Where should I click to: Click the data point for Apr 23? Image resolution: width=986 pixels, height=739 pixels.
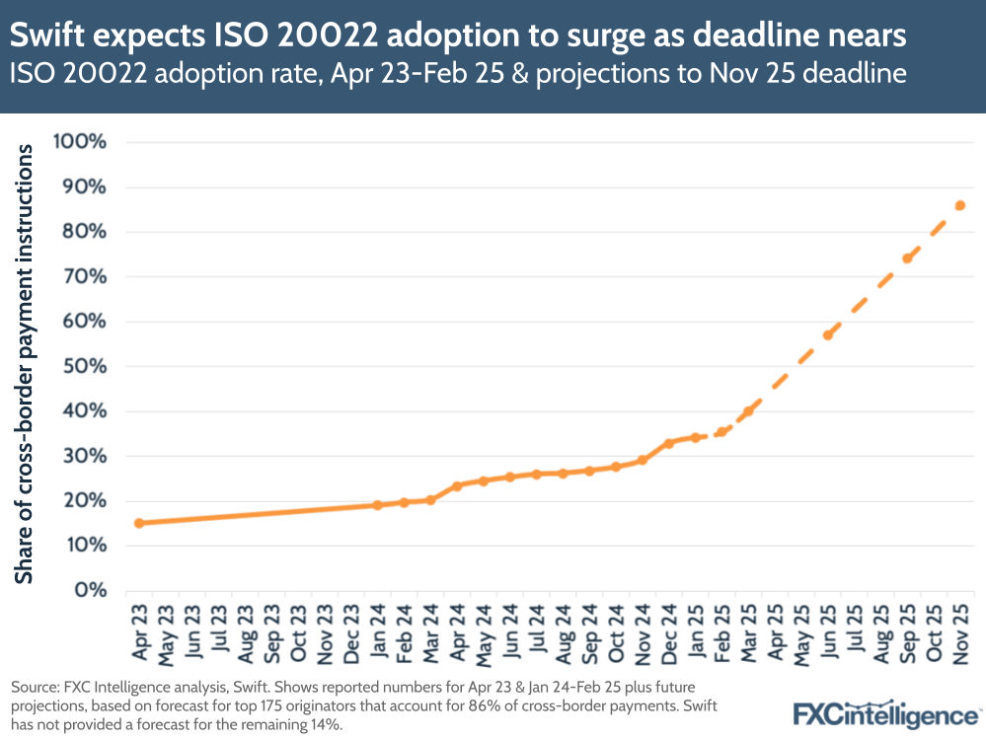point(138,523)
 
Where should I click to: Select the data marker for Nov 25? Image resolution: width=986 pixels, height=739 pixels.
point(959,205)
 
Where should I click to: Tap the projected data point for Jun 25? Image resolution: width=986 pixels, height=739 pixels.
point(827,335)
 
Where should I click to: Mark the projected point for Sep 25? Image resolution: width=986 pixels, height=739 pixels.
point(907,259)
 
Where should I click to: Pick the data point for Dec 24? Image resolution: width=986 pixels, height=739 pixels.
point(668,443)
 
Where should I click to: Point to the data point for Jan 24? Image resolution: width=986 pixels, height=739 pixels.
point(377,505)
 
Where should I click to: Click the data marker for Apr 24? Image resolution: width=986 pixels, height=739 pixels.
point(457,486)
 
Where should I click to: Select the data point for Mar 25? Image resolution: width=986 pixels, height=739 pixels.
point(748,410)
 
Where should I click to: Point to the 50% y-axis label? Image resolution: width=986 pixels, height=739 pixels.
point(86,366)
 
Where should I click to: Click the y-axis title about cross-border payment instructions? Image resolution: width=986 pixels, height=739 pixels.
point(24,365)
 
